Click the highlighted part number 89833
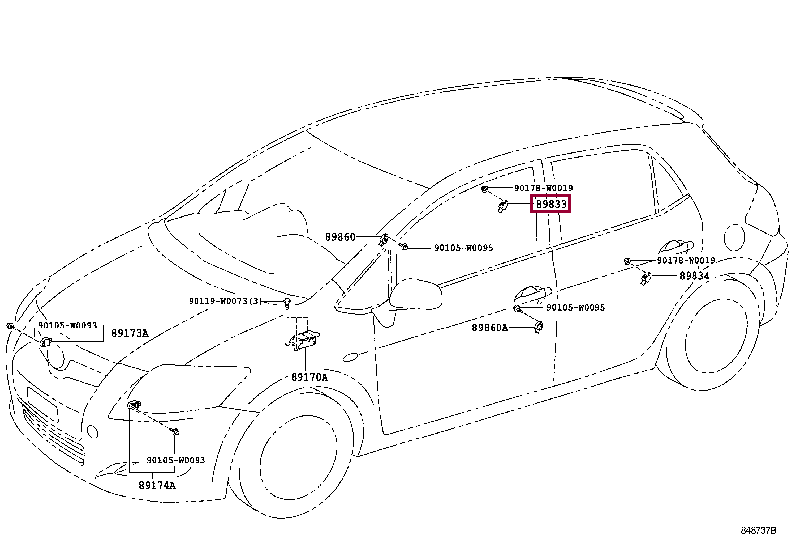551,204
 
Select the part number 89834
694,276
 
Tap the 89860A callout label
490,328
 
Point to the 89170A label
309,377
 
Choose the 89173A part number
130,333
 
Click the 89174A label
157,485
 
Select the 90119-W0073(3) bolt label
225,301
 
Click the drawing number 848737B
758,531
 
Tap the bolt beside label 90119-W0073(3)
287,303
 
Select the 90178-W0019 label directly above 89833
543,188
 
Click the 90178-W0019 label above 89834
686,260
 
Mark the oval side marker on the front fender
350,357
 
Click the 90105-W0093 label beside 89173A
68,326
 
